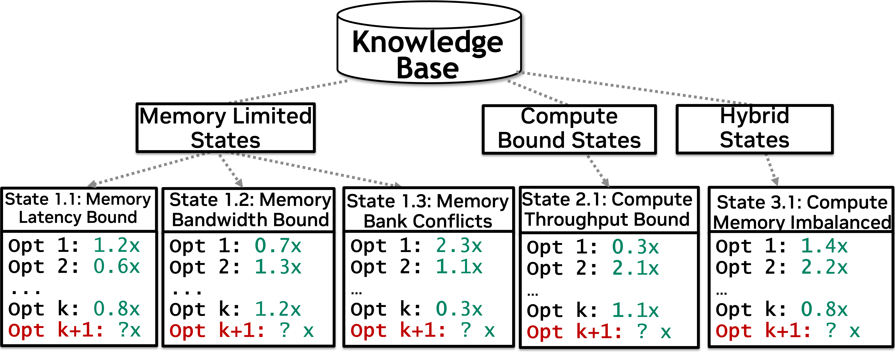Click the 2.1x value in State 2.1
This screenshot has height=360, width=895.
coord(636,268)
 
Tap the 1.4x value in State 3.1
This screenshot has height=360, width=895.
coord(824,246)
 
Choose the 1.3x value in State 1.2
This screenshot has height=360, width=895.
coord(278,267)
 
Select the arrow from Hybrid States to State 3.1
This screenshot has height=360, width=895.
coord(771,170)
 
